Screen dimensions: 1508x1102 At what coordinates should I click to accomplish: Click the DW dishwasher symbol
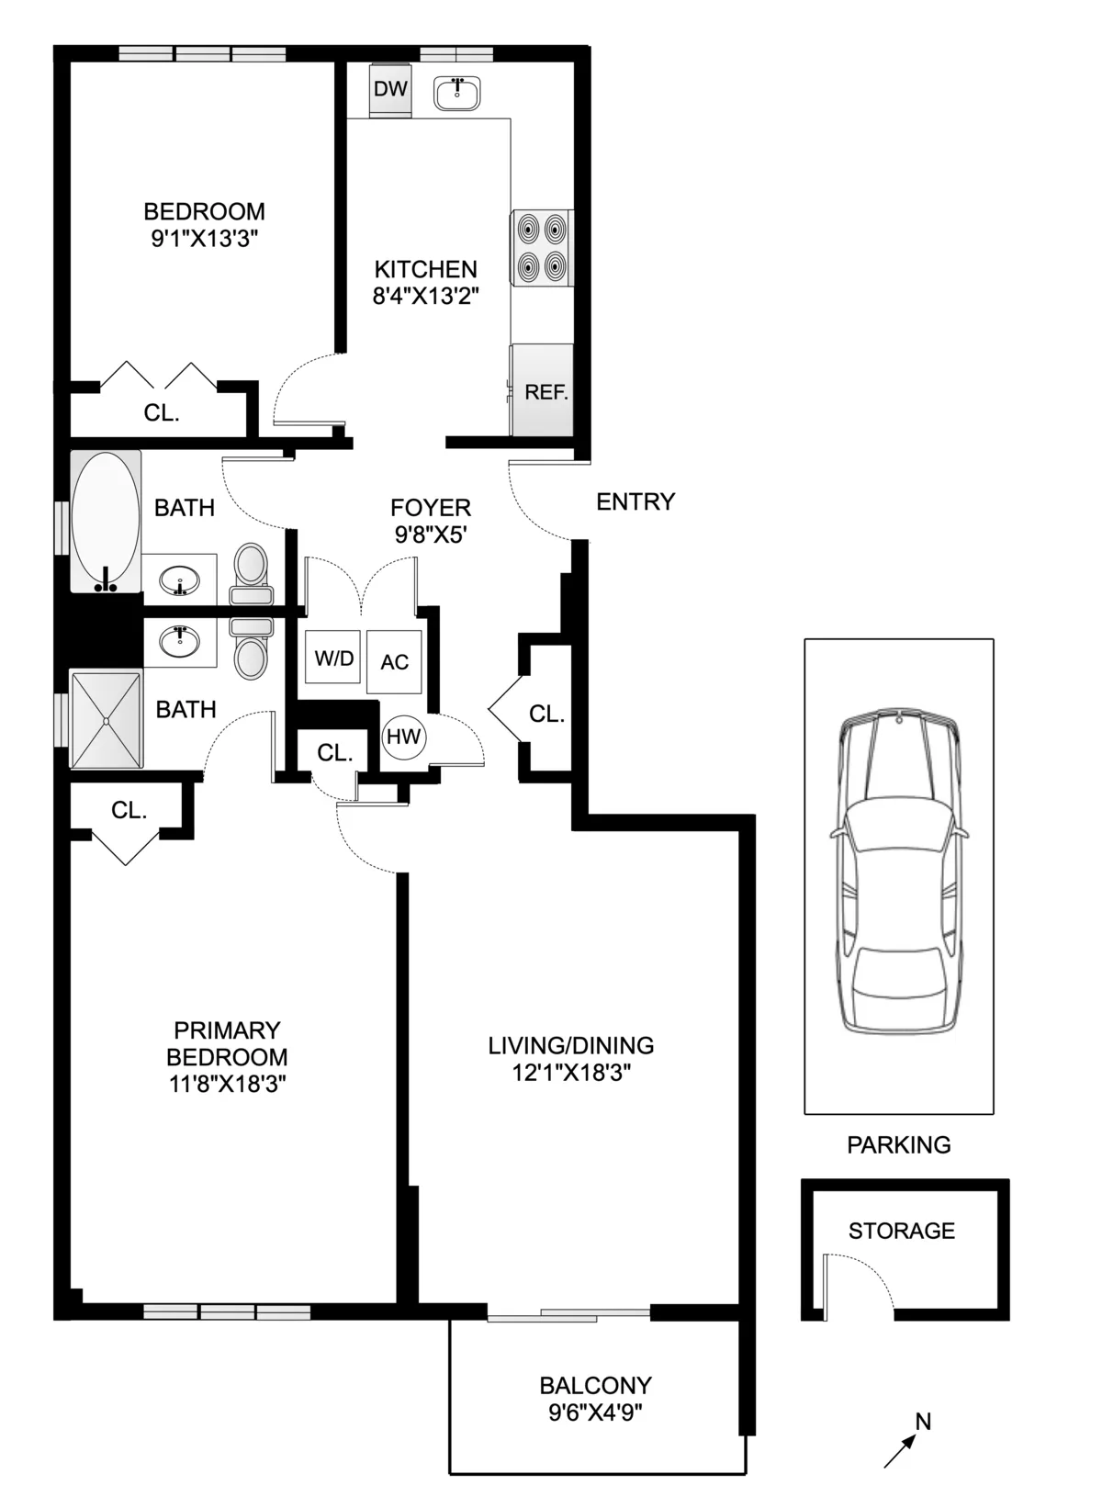(391, 90)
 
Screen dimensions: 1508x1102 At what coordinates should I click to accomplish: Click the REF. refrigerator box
(545, 391)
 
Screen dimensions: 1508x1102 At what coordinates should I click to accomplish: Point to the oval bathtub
(106, 521)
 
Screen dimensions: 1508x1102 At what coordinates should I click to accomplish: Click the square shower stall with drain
(107, 720)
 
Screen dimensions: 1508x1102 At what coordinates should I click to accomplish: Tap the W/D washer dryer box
(333, 658)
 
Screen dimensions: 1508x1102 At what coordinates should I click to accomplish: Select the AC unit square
(395, 662)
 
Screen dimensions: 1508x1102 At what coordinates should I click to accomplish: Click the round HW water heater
(403, 737)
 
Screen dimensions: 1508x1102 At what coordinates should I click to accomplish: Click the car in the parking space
(899, 872)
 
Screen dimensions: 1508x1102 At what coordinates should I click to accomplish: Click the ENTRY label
(635, 501)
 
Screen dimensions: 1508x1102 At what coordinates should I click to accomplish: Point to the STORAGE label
(901, 1231)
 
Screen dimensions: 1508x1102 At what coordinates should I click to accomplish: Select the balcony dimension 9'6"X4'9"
(595, 1412)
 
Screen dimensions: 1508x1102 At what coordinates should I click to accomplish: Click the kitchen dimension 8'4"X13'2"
(426, 296)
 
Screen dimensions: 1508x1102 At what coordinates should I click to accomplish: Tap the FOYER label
(431, 507)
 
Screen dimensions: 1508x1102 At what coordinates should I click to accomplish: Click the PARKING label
(898, 1145)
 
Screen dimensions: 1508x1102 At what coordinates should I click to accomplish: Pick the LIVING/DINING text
(570, 1045)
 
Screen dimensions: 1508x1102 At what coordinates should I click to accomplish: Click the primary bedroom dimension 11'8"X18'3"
(227, 1084)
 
